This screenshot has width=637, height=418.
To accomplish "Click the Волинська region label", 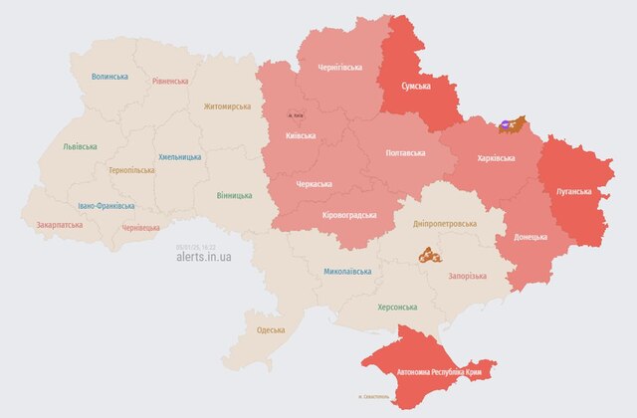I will click(x=109, y=76).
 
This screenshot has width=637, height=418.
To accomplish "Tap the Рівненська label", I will click(x=170, y=81).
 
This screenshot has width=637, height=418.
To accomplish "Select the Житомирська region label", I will click(x=228, y=106).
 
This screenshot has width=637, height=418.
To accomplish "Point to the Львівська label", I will click(x=80, y=146).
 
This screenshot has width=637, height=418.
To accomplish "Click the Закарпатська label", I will click(x=60, y=225).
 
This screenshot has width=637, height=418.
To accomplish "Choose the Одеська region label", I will click(x=271, y=329).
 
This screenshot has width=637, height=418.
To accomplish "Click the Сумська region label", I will click(x=415, y=87).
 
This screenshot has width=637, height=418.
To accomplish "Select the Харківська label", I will click(x=496, y=157).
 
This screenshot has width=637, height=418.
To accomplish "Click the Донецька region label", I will click(x=531, y=237).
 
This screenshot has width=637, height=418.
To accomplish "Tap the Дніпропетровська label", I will click(x=444, y=224).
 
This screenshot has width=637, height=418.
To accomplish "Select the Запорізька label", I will click(x=467, y=276).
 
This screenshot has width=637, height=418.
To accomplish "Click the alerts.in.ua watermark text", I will click(x=204, y=257).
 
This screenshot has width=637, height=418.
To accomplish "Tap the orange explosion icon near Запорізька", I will click(x=427, y=254).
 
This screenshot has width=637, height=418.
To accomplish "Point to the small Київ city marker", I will click(x=296, y=115).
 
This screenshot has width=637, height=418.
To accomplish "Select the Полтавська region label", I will click(x=405, y=153).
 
